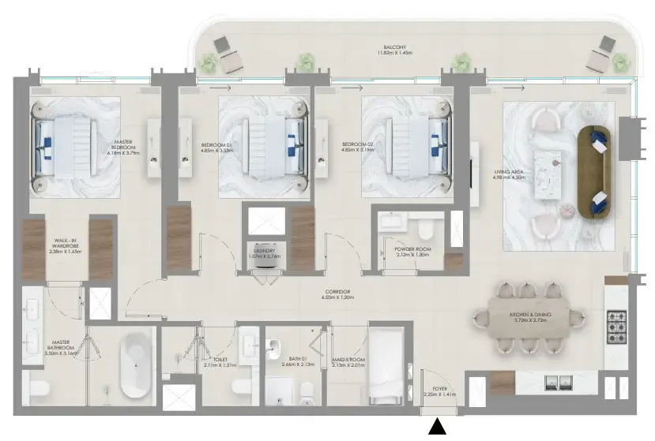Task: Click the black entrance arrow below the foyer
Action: [x=437, y=427]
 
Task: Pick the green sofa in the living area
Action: [x=594, y=172]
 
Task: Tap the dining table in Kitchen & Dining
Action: [x=529, y=319]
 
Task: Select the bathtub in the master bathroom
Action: [x=137, y=364]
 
